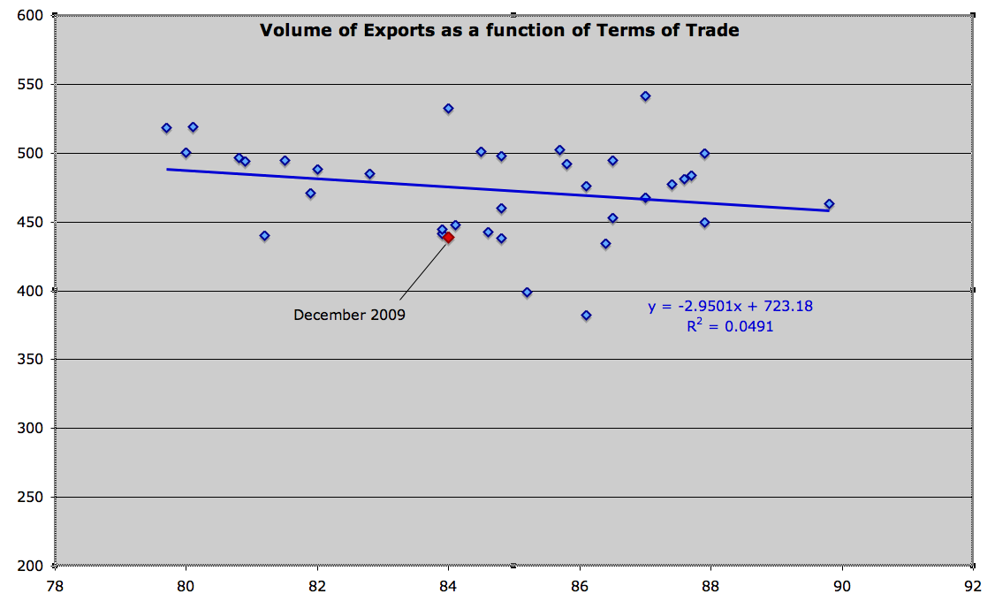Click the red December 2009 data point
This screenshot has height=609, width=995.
(448, 237)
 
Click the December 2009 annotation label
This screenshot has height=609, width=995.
(349, 315)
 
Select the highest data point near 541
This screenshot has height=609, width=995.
(645, 95)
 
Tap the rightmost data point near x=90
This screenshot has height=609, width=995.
(829, 203)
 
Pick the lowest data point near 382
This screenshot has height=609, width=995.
(586, 315)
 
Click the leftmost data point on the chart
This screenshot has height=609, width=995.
(166, 127)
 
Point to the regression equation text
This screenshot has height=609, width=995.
(730, 307)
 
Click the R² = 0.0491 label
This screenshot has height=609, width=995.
(730, 326)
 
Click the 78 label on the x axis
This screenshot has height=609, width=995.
(55, 585)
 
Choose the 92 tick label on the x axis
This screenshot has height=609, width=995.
(973, 585)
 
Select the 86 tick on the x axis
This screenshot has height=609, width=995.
(580, 585)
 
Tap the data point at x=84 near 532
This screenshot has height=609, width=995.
(448, 108)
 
